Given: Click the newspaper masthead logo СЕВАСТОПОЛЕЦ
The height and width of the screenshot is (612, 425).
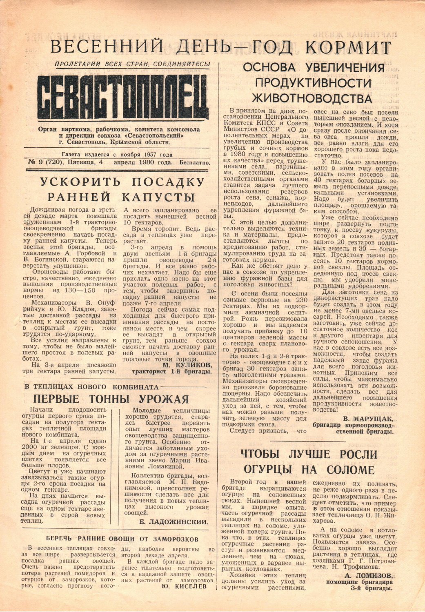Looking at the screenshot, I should pos(123,96).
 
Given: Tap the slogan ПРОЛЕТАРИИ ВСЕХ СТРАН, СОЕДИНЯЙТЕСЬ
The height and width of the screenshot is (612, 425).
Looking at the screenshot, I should pos(132,64).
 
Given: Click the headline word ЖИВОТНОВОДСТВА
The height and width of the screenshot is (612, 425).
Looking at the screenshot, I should pos(312,99).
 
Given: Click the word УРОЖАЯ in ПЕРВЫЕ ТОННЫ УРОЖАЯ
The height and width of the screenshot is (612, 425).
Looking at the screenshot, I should pos(164,399).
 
